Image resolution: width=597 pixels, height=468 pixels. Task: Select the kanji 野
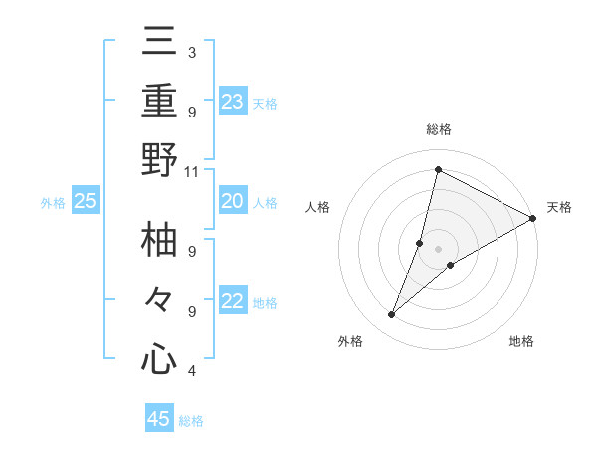pyautogui.click(x=159, y=160)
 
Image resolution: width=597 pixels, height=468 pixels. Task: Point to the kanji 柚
pyautogui.click(x=159, y=242)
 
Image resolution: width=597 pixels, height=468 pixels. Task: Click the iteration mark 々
pyautogui.click(x=159, y=301)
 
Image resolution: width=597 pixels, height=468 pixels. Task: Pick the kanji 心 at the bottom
pyautogui.click(x=159, y=357)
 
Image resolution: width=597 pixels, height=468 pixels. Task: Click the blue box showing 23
pyautogui.click(x=233, y=101)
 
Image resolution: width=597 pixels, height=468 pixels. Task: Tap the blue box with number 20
pyautogui.click(x=233, y=201)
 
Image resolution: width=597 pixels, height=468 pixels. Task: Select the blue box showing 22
pyautogui.click(x=233, y=302)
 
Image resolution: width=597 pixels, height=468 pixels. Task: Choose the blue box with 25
pyautogui.click(x=86, y=202)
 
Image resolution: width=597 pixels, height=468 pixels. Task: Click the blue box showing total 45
pyautogui.click(x=159, y=419)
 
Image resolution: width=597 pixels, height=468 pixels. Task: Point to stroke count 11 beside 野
pyautogui.click(x=192, y=171)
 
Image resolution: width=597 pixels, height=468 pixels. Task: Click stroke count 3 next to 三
pyautogui.click(x=191, y=52)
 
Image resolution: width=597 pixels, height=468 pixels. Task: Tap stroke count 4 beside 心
pyautogui.click(x=191, y=371)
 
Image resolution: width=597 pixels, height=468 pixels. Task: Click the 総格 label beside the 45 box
pyautogui.click(x=191, y=421)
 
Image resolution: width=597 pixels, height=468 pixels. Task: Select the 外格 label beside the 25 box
pyautogui.click(x=53, y=203)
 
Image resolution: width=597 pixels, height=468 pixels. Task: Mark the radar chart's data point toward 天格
pyautogui.click(x=533, y=220)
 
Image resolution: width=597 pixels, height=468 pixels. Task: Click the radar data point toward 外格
pyautogui.click(x=392, y=315)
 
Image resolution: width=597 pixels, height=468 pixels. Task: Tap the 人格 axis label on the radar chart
pyautogui.click(x=318, y=207)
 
